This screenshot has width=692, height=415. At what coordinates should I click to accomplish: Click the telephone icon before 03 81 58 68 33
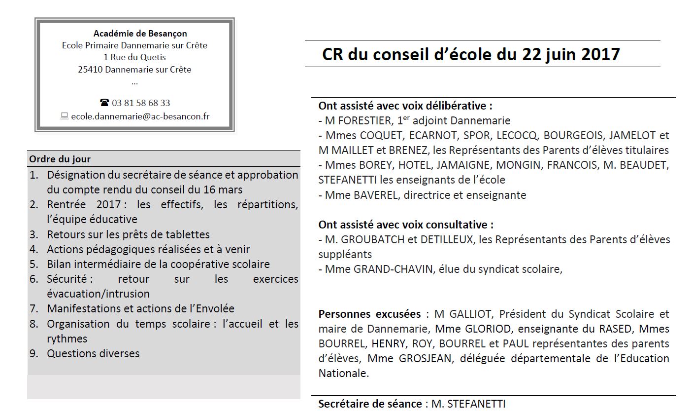coord(104,103)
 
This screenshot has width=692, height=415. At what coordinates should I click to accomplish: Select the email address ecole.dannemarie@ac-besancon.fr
coord(140,116)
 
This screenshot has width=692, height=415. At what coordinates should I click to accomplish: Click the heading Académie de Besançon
coord(140,34)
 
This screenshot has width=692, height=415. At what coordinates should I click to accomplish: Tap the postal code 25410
coord(90,70)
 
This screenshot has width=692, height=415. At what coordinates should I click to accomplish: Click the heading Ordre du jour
coord(60,159)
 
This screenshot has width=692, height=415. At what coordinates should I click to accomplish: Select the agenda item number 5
coord(33,264)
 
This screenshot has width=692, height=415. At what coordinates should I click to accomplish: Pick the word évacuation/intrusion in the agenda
coord(98,294)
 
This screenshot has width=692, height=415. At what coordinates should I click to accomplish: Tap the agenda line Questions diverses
coord(93,353)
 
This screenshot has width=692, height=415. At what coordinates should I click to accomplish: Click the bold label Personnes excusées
coord(369,314)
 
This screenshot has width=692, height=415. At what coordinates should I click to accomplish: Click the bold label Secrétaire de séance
coord(369,404)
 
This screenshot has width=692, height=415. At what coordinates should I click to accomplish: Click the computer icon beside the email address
coord(64,116)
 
